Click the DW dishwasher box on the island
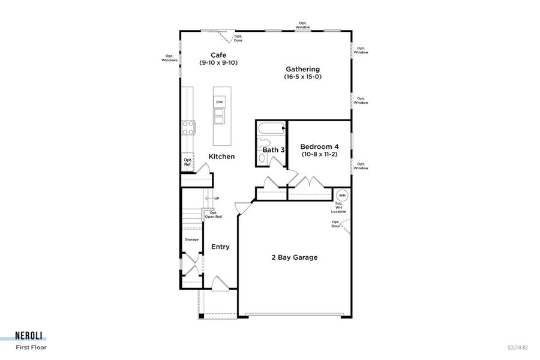[220, 102]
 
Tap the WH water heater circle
[342, 195]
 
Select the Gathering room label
[302, 69]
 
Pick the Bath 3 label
[274, 149]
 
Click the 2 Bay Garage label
[294, 257]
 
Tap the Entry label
[220, 247]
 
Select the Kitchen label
[221, 157]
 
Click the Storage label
[191, 239]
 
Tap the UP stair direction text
[216, 198]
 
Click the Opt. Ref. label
[188, 162]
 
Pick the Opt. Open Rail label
[213, 214]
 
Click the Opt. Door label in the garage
[335, 223]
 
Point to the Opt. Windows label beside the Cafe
[169, 58]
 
